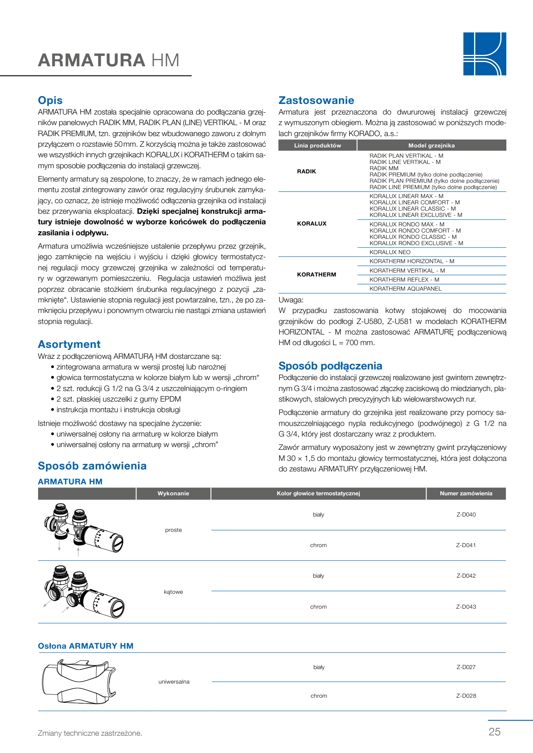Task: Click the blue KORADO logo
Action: tap(484, 54)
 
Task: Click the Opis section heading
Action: tap(50, 100)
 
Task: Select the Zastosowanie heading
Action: tap(316, 100)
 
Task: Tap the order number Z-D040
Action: tap(466, 515)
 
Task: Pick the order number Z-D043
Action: tap(466, 607)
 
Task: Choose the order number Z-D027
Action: tap(466, 667)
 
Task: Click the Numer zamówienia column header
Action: tap(466, 493)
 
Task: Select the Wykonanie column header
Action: tap(173, 493)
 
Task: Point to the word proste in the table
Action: tap(173, 530)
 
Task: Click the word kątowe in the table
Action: tap(173, 592)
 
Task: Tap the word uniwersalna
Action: tap(174, 682)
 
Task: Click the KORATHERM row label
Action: tap(316, 275)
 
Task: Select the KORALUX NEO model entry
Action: tap(390, 252)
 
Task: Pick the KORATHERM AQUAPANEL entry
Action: tap(405, 289)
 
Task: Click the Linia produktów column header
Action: tap(318, 146)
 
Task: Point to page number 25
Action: tap(495, 732)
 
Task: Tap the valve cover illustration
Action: tap(78, 682)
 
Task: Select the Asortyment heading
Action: tap(69, 344)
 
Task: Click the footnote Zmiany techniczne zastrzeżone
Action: tap(90, 733)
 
